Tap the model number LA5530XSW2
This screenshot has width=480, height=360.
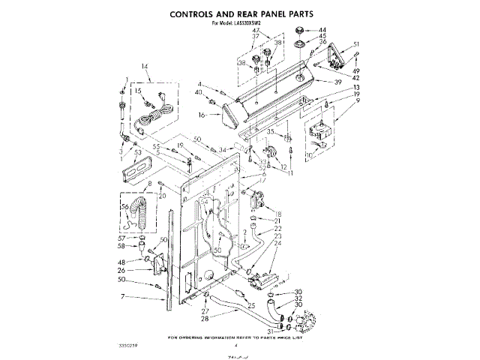(x=259, y=24)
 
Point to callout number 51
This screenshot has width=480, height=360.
(x=356, y=44)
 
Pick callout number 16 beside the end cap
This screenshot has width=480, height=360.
(x=202, y=115)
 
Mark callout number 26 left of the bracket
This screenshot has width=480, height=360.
(x=120, y=271)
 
